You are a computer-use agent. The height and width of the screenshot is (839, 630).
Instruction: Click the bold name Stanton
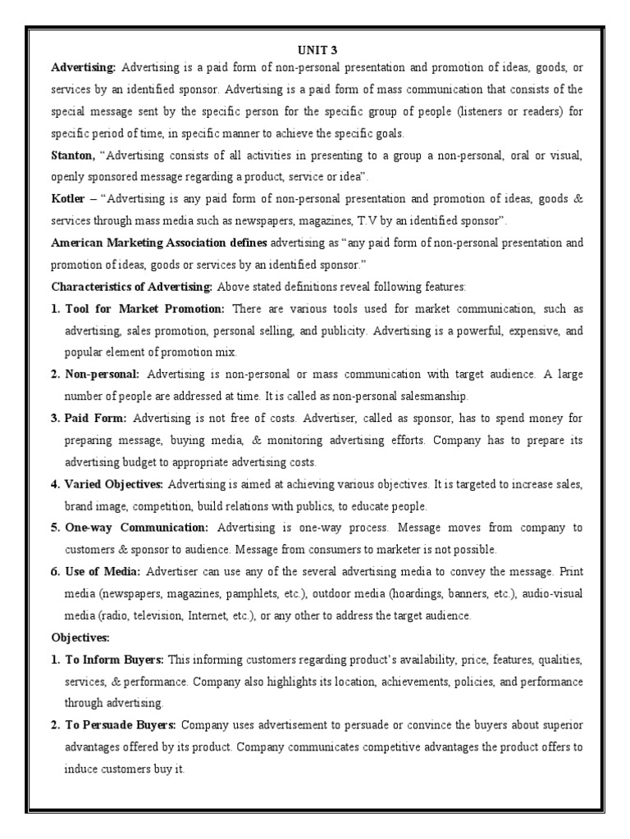click(71, 155)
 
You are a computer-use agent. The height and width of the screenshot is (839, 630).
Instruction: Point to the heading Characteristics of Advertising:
click(132, 287)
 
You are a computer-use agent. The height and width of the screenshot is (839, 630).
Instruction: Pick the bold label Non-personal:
click(103, 374)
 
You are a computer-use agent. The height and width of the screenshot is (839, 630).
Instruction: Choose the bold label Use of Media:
click(103, 572)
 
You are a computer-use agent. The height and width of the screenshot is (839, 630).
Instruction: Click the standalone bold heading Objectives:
click(80, 637)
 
